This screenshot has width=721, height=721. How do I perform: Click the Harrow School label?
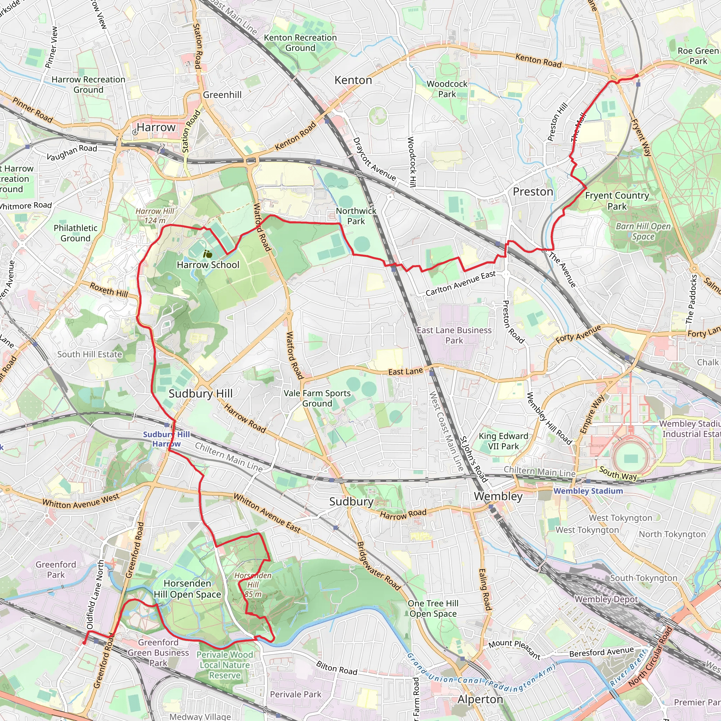208,265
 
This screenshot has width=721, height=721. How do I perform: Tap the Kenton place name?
353,80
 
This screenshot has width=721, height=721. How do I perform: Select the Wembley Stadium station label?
588,491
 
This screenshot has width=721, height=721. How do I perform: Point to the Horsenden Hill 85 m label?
253,585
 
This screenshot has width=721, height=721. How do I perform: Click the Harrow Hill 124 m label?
155,216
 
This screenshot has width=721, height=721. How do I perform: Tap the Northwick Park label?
356,216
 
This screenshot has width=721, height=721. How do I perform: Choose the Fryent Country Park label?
617,201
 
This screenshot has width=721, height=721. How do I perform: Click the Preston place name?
533,192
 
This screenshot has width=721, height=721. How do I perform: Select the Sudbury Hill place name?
200,394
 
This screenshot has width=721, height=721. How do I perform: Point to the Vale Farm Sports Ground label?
317,398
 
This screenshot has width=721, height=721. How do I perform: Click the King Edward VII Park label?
503,441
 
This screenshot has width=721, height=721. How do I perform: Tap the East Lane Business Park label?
454,335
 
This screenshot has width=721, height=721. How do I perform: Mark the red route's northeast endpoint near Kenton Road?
637,76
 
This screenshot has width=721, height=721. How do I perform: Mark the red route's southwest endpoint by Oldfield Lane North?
84,642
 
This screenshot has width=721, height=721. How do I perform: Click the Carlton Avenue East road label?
460,284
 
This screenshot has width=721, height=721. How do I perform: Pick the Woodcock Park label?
447,89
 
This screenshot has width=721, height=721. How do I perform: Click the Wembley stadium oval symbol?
630,459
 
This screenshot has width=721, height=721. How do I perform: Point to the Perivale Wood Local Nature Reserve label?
225,665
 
